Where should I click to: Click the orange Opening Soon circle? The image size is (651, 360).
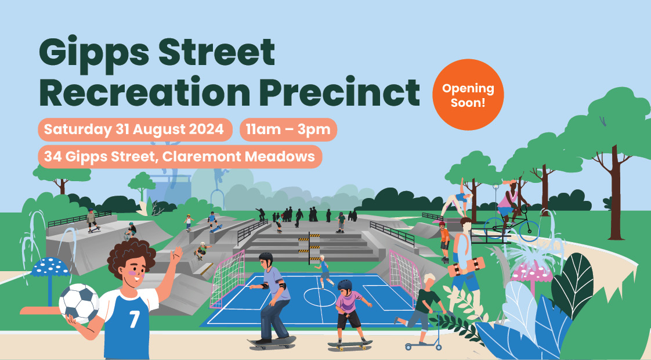click(x=468, y=95)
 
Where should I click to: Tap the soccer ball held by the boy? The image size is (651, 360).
click(x=79, y=304)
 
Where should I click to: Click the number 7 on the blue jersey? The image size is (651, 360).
click(x=134, y=319)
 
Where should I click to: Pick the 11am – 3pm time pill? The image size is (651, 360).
click(x=288, y=129)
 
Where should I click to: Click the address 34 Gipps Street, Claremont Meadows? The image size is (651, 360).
click(x=180, y=157)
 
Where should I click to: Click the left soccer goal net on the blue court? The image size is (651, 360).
click(x=227, y=279)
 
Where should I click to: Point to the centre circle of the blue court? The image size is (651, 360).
click(x=320, y=297)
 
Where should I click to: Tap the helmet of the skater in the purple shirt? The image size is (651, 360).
click(x=345, y=285)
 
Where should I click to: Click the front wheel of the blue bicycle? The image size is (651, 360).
click(x=527, y=231)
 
